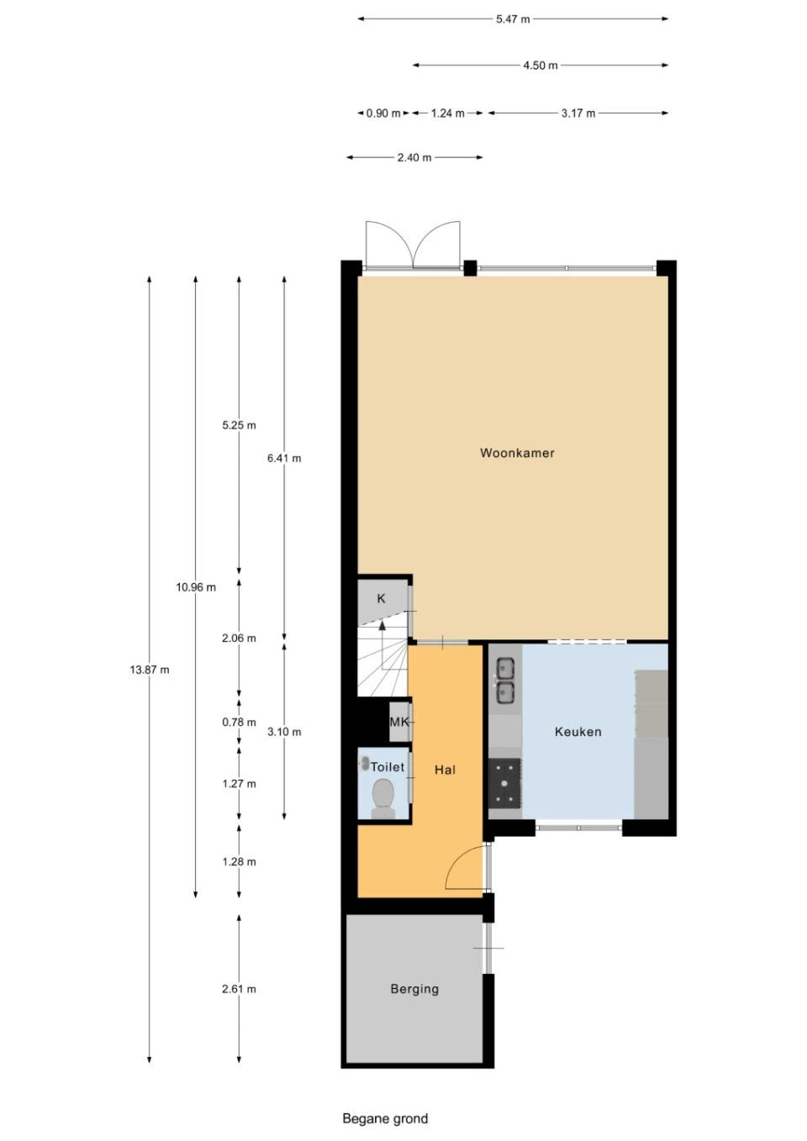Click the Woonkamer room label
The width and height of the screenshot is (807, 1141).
517,453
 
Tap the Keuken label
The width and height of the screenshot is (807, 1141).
578,732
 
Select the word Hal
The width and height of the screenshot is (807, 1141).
445,770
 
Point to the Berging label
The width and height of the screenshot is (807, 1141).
414,989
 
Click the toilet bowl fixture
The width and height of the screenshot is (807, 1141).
383,795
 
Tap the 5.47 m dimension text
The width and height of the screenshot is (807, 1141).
513,19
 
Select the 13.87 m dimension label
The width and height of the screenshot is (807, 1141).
150,670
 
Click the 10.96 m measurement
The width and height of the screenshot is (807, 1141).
196,587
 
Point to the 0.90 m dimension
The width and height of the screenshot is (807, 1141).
383,113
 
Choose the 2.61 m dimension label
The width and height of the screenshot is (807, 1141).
239,989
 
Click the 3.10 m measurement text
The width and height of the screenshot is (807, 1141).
284,732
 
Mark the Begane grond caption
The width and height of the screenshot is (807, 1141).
385,1119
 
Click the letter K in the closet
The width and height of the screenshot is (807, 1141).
381,598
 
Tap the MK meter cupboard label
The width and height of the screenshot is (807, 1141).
399,722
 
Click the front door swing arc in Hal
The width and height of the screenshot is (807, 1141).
455,862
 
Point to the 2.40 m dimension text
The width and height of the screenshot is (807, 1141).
414,157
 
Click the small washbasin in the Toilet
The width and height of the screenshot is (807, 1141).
365,763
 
